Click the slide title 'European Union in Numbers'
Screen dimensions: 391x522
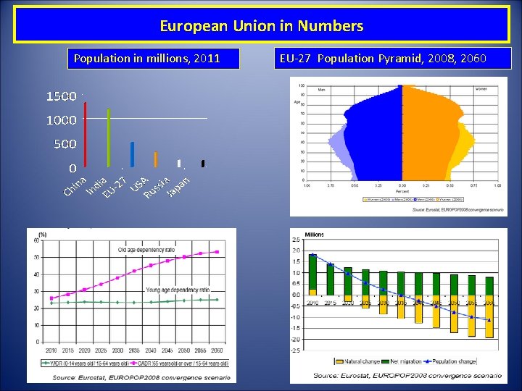[261, 27]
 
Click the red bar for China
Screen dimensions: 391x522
[86, 134]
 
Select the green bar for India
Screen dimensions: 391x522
[109, 138]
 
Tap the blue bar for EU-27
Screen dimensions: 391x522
[132, 154]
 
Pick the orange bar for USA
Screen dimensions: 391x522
[155, 159]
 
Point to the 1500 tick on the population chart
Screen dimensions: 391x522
[62, 96]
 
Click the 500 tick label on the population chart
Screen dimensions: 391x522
[65, 144]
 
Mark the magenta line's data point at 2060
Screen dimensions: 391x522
[217, 252]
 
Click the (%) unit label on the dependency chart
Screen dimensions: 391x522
[43, 234]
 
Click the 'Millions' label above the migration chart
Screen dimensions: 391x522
[315, 235]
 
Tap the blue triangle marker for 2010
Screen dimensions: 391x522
[312, 256]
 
